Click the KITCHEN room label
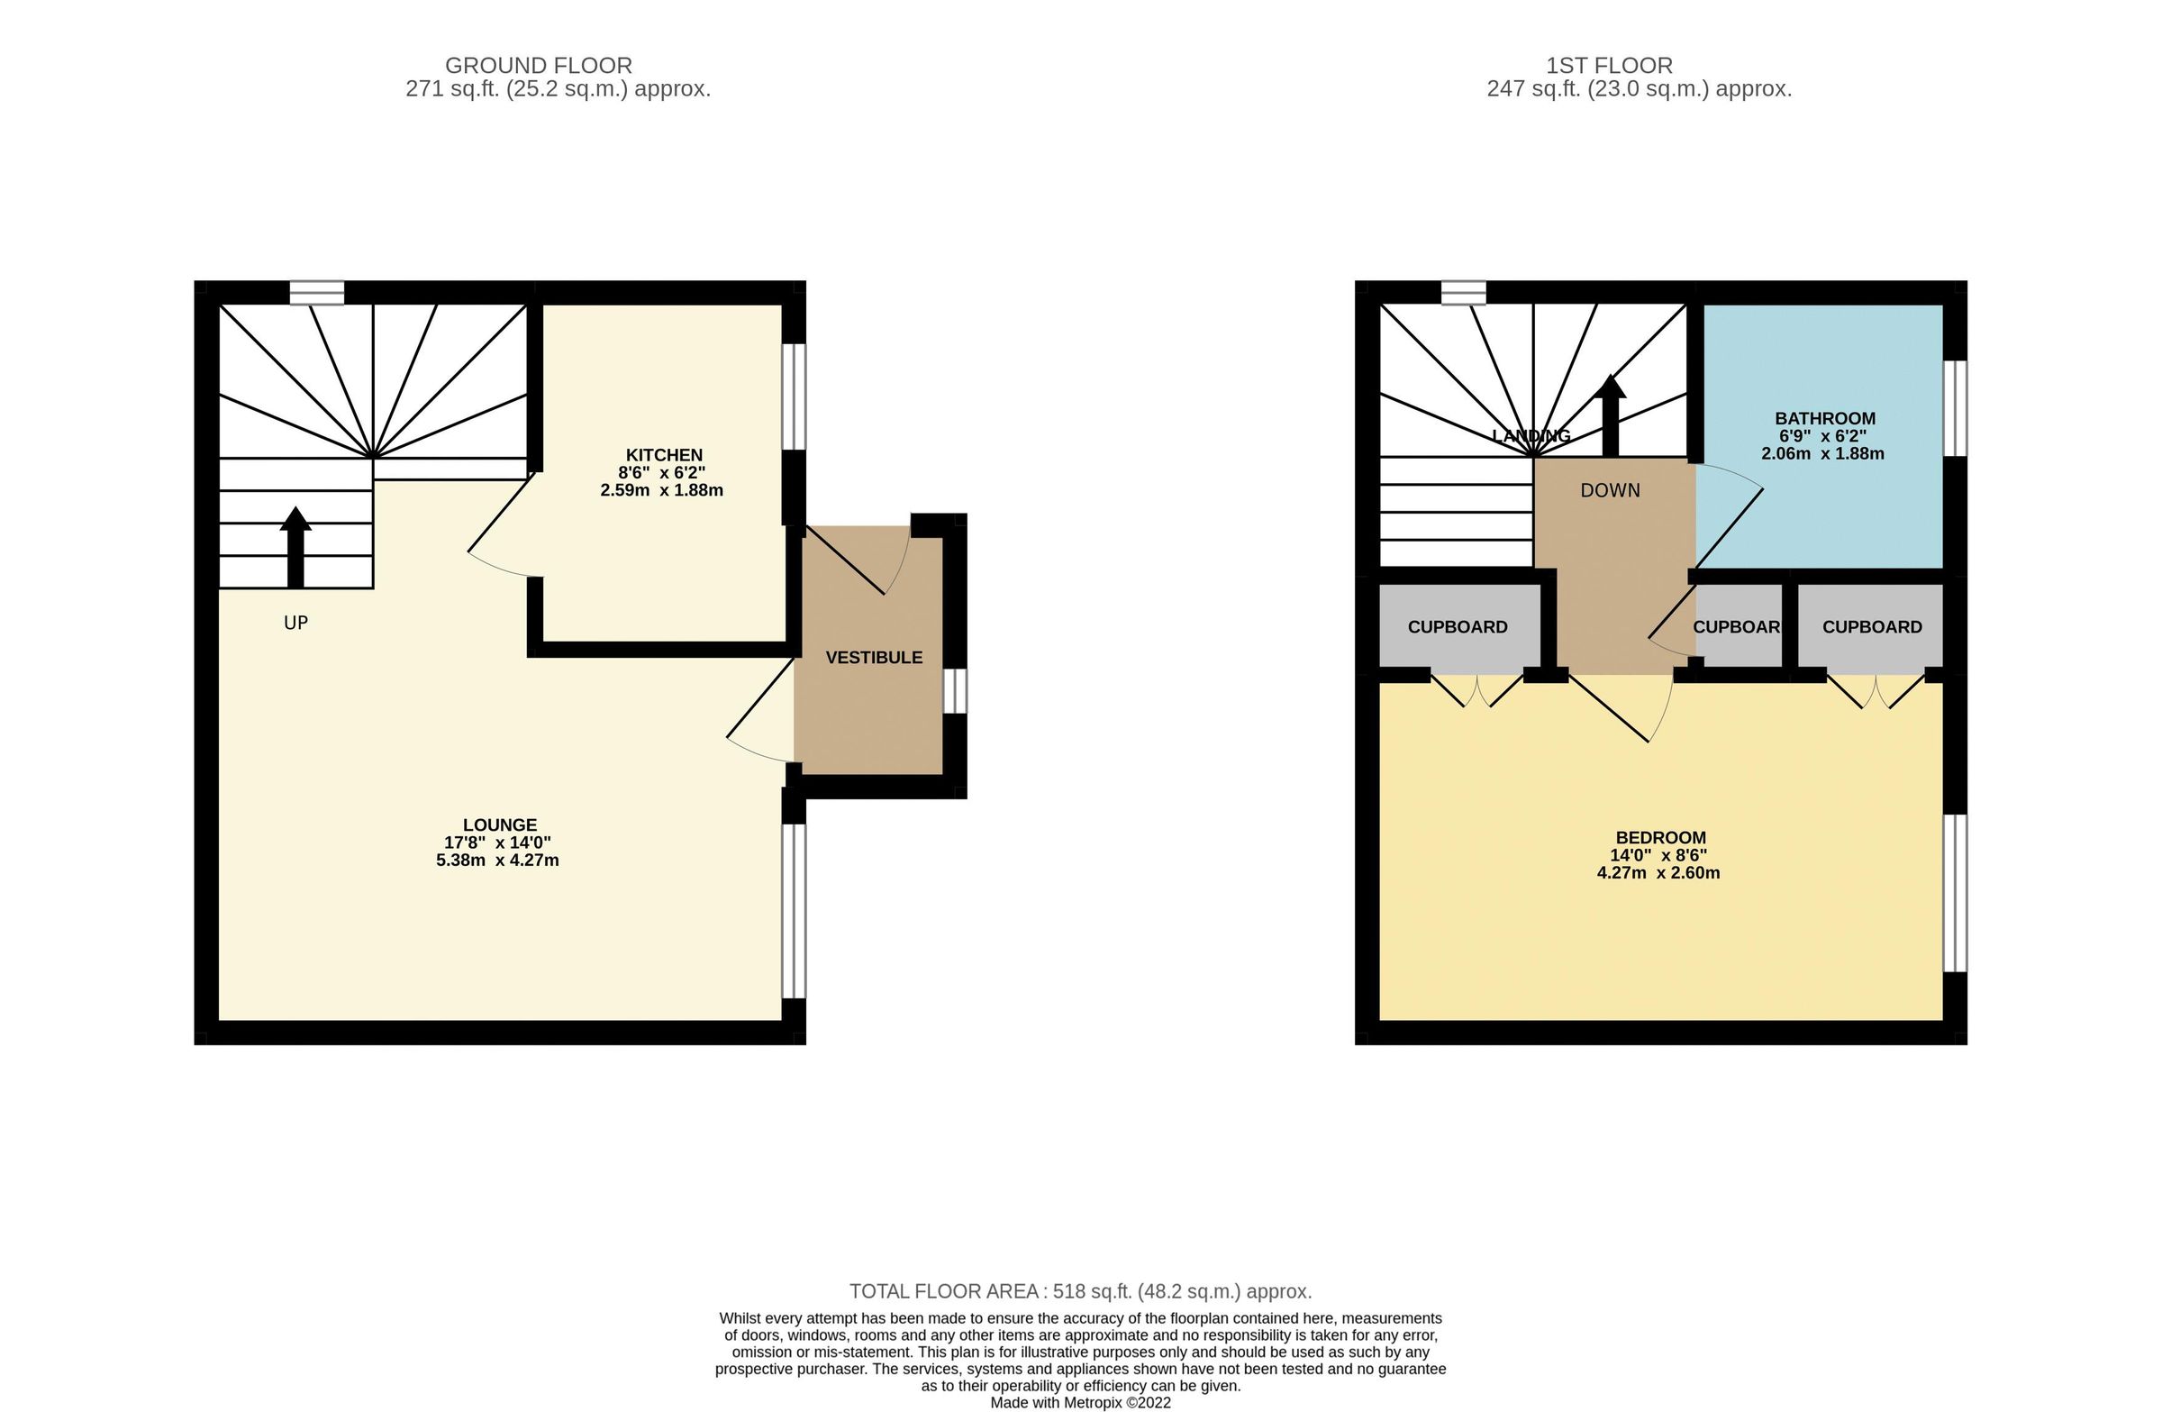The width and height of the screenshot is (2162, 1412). tap(663, 455)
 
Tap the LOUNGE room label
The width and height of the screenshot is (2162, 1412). tap(500, 825)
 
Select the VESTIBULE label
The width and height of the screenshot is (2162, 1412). tap(873, 658)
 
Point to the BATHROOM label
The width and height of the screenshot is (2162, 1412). tap(1824, 419)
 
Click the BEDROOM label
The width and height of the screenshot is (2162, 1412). tap(1659, 838)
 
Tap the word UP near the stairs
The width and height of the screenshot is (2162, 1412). tap(295, 624)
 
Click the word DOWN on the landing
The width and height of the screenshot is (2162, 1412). tap(1610, 491)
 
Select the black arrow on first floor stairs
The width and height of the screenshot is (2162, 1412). tap(1611, 414)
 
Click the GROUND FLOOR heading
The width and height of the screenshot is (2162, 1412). tap(538, 66)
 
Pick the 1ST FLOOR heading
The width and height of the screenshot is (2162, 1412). tap(1609, 66)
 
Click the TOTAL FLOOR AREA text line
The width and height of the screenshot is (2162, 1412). tap(1080, 1291)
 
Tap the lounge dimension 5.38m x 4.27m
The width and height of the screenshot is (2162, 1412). tap(497, 861)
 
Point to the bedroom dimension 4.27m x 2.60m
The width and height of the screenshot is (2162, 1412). tap(1658, 873)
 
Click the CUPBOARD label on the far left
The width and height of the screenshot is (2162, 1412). tap(1457, 627)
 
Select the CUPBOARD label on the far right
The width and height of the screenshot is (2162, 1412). tap(1871, 627)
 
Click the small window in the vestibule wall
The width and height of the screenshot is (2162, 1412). tap(955, 691)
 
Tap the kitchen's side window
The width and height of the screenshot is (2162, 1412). tap(794, 396)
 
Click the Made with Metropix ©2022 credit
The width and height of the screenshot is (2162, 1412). tap(1080, 1402)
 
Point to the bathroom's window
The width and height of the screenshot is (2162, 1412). tap(1954, 408)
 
